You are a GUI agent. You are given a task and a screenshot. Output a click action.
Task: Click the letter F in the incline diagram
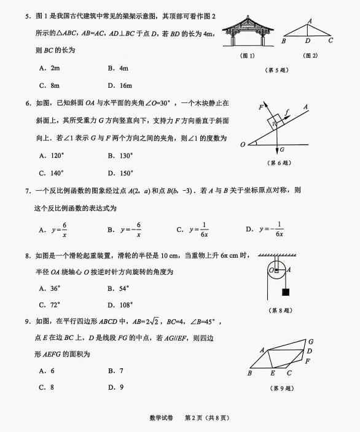(x=260, y=107)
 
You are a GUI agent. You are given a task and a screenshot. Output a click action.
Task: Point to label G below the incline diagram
(x=281, y=150)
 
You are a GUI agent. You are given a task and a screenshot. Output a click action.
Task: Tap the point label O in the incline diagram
(x=243, y=144)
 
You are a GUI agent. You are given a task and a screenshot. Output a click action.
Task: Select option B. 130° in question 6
(x=120, y=156)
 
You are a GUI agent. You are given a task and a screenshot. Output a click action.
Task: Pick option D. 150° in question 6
(x=120, y=173)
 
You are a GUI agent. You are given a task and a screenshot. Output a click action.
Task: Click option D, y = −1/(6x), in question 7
(x=264, y=229)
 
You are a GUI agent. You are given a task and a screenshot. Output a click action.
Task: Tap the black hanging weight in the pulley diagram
(x=285, y=292)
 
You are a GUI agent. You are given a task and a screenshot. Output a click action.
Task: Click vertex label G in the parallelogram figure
(x=311, y=341)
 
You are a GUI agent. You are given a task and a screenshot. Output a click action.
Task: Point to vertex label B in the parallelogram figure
(x=249, y=373)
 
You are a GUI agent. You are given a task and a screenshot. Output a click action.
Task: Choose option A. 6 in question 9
(x=47, y=371)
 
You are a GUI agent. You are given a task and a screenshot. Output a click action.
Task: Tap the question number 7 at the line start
(x=28, y=191)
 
